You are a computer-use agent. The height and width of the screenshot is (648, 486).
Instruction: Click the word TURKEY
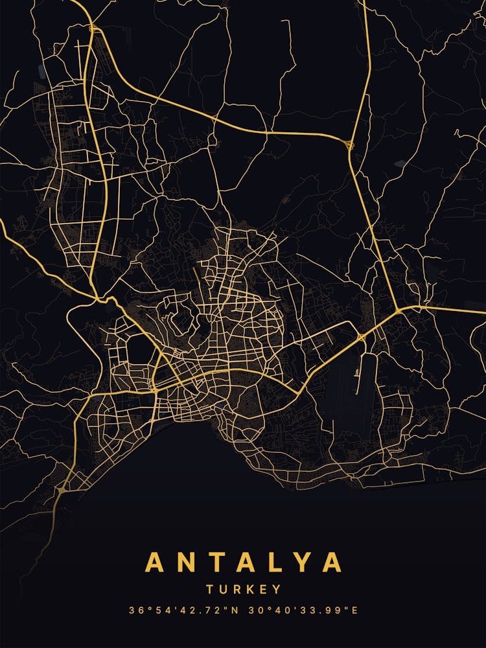point(244,590)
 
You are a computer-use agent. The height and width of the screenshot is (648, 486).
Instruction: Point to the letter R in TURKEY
point(236,590)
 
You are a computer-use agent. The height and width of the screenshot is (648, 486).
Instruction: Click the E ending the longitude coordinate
point(355,610)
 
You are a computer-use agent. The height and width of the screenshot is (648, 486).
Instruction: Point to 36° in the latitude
point(139,610)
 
